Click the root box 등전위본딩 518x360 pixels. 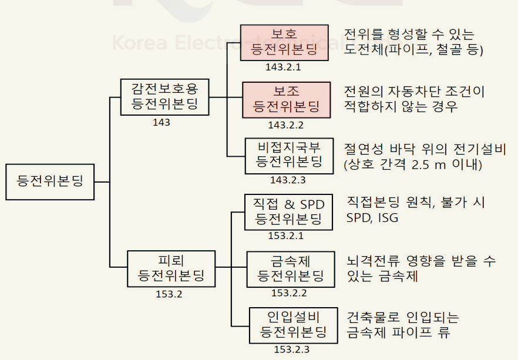click(x=50, y=181)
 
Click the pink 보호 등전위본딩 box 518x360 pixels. click(x=284, y=42)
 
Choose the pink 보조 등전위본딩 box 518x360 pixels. click(x=286, y=99)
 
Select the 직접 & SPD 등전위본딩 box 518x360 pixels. click(x=288, y=211)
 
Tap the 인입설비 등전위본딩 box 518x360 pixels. click(x=293, y=325)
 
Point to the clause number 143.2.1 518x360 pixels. click(x=282, y=67)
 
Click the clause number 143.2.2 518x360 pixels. click(x=285, y=125)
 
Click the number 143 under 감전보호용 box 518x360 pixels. click(x=161, y=122)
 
